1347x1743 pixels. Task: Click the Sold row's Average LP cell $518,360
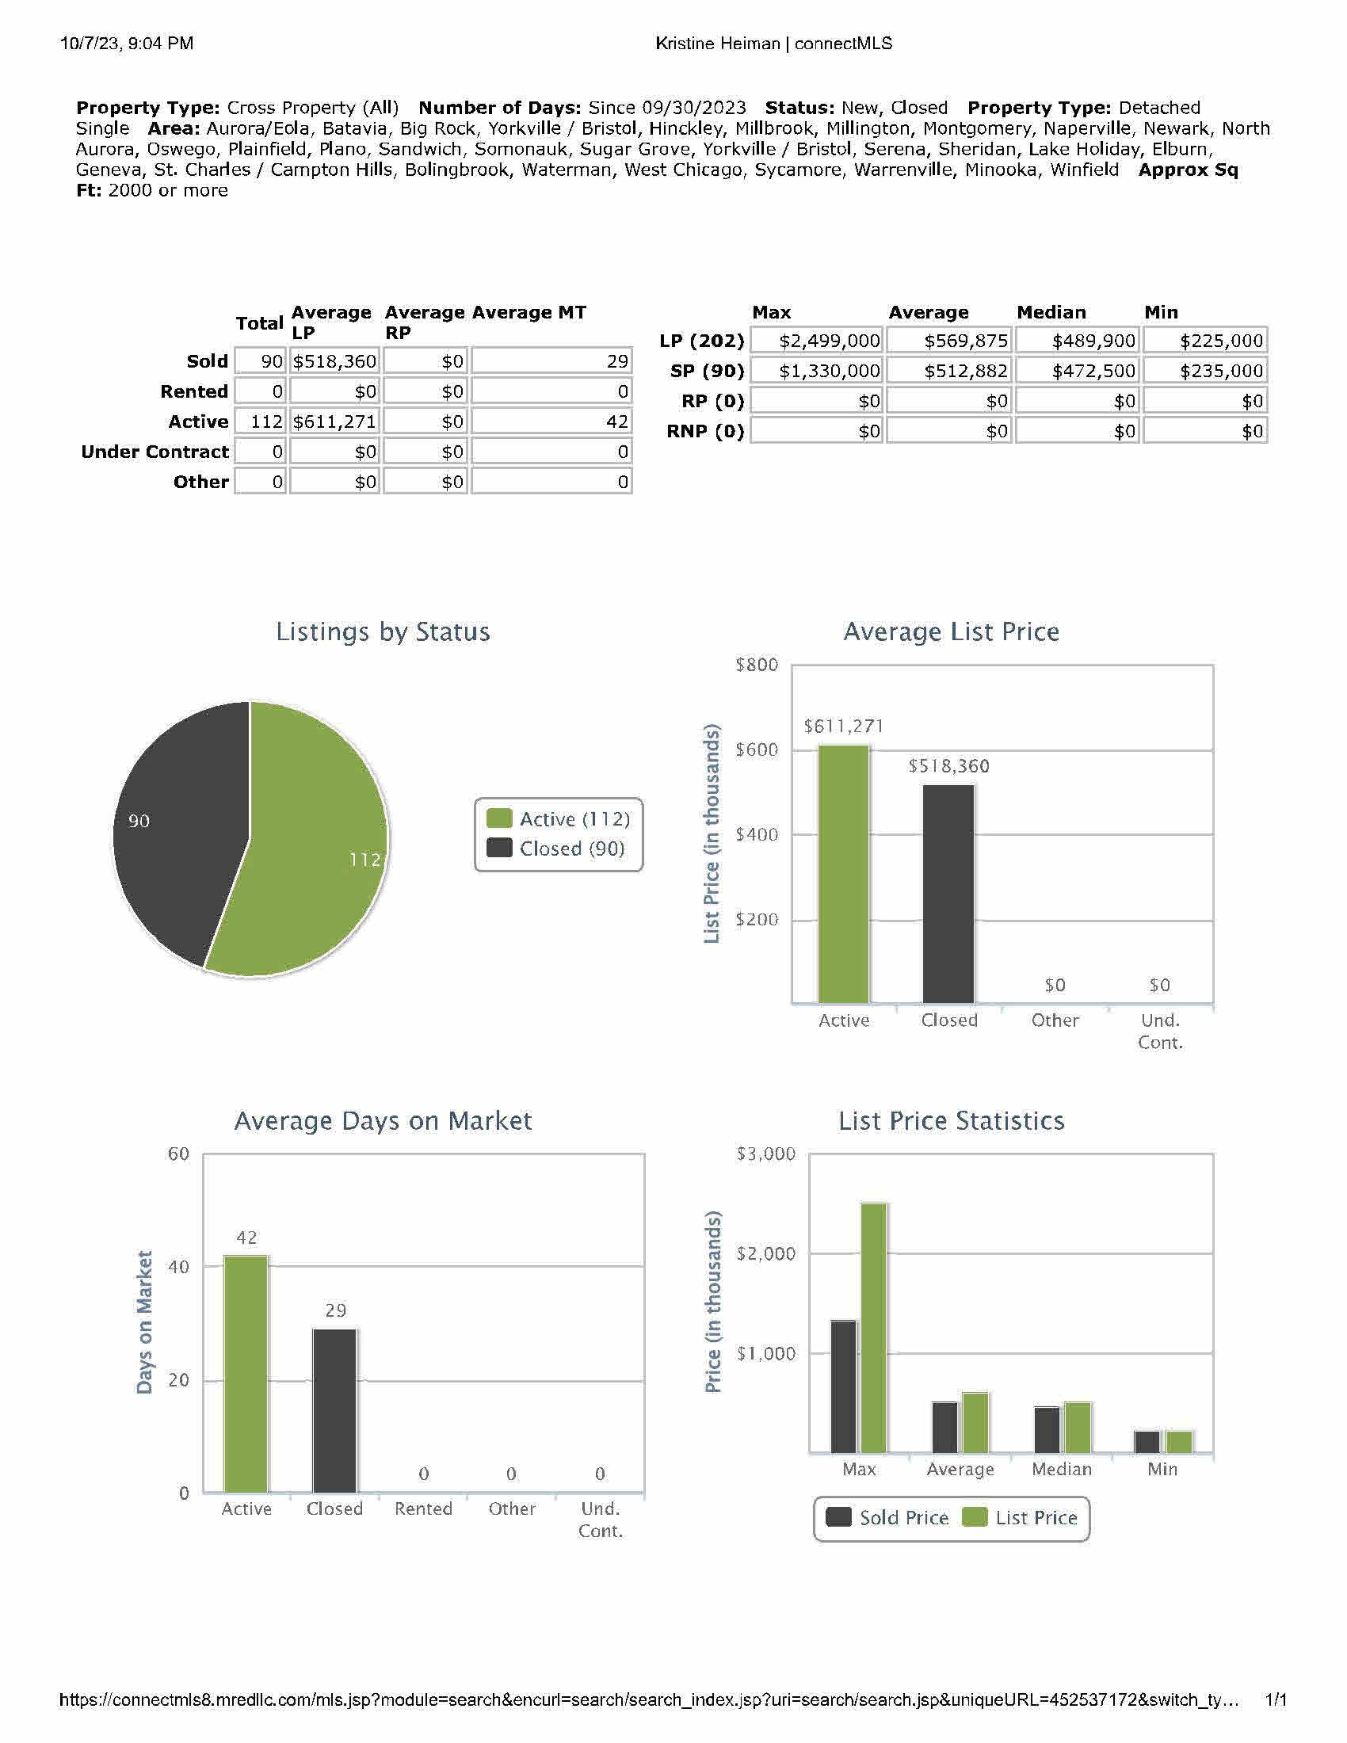[x=334, y=361]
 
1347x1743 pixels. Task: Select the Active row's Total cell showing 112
[x=261, y=421]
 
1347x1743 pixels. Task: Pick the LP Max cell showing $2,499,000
[x=816, y=341]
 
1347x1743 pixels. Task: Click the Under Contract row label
[x=155, y=452]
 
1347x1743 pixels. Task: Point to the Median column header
[x=1051, y=312]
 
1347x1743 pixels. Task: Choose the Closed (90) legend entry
[x=558, y=849]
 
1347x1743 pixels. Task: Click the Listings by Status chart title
[x=383, y=631]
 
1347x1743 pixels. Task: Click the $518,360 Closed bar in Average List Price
[x=948, y=894]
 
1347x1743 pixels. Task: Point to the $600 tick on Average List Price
[x=756, y=749]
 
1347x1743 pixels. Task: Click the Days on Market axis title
[x=144, y=1322]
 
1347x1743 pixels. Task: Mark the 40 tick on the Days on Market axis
[x=179, y=1268]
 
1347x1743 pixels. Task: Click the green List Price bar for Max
[x=873, y=1328]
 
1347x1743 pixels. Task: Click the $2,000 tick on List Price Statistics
[x=765, y=1254]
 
